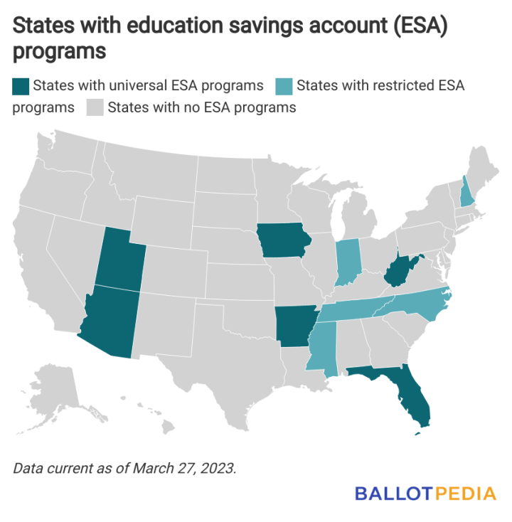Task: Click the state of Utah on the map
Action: tap(120, 256)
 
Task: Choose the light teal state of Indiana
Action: tap(346, 261)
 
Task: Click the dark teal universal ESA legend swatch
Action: tap(20, 86)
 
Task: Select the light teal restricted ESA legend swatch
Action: tap(283, 86)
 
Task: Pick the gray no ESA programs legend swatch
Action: tap(95, 108)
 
